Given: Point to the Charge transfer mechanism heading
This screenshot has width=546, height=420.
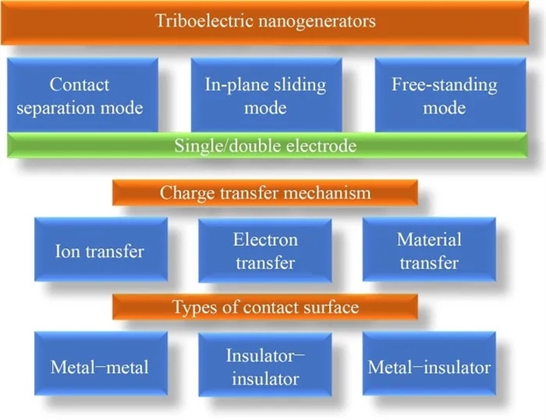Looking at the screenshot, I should (265, 193).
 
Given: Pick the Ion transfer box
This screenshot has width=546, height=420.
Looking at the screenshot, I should (99, 250).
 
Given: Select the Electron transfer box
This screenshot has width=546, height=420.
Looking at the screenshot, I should (265, 250).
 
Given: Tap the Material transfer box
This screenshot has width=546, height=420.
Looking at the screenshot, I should (429, 250).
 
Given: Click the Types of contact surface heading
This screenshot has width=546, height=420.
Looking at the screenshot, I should (265, 306).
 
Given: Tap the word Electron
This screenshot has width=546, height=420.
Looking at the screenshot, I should (265, 240).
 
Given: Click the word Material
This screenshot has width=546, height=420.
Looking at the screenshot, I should (429, 240).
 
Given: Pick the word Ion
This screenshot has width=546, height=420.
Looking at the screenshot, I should (67, 252).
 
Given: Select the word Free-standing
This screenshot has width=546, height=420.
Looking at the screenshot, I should (444, 85).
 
